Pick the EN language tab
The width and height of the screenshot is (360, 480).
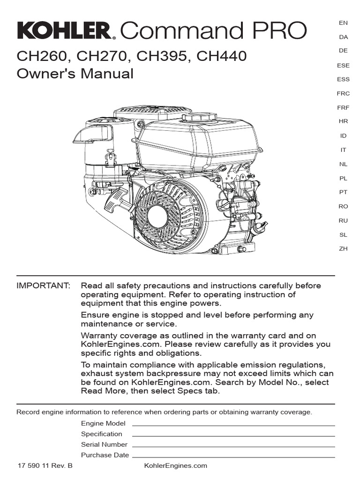343,22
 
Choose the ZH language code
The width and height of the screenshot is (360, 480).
343,248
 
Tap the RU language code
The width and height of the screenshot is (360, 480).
343,220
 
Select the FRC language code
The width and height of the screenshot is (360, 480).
343,94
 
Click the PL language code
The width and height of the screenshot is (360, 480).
343,178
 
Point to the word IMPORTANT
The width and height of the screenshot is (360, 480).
44,285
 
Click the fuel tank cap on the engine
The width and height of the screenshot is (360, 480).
199,116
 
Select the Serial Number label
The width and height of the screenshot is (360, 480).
104,444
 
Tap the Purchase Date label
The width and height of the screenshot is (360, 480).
105,455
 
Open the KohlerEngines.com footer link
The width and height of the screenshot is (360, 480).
176,465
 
